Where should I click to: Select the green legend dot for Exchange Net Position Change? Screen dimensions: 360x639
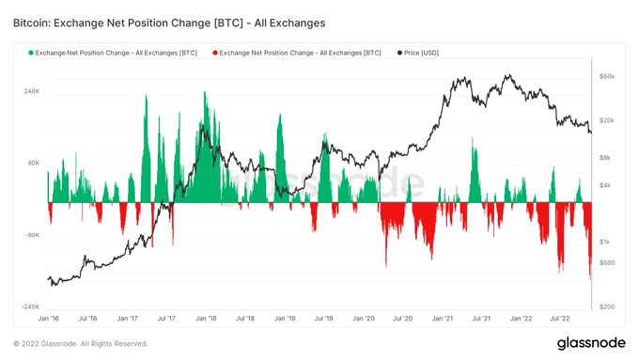click(31, 54)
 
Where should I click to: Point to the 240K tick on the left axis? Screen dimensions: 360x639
click(31, 92)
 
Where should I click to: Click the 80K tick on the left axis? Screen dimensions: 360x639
click(33, 164)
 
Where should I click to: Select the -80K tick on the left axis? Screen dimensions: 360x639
click(31, 236)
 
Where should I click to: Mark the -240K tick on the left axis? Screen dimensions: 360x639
click(29, 307)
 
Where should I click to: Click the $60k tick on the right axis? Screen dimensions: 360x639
click(607, 75)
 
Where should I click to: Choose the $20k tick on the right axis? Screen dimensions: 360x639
click(607, 120)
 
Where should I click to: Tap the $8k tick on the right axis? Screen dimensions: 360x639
click(606, 158)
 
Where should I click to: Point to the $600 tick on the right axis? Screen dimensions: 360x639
click(607, 262)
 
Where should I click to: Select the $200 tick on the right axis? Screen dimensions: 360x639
click(607, 307)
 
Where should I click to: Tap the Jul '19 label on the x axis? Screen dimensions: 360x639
click(324, 320)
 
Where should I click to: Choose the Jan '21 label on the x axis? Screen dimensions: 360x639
click(444, 320)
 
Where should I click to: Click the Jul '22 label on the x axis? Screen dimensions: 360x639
click(562, 320)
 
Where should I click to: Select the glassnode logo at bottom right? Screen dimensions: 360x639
click(587, 342)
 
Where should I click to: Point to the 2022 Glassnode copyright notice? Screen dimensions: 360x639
click(81, 344)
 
